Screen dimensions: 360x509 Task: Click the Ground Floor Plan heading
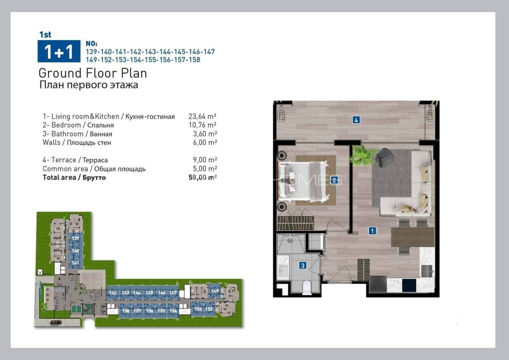(x=93, y=73)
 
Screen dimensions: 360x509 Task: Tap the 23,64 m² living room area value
(x=202, y=117)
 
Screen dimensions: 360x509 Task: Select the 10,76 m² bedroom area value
(x=202, y=125)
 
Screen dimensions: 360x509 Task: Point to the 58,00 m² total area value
(x=202, y=177)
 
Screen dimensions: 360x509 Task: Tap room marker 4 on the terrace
(x=356, y=119)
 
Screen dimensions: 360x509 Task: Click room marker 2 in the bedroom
(x=334, y=180)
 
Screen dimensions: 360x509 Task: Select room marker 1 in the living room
(x=372, y=230)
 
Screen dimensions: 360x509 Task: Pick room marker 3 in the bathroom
(x=303, y=265)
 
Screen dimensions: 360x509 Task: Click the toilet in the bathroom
(x=307, y=287)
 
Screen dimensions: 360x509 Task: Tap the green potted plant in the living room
(x=362, y=155)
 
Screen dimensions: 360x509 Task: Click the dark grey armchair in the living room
(x=385, y=158)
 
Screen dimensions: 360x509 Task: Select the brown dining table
(x=412, y=237)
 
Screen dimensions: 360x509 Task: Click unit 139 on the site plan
(x=76, y=238)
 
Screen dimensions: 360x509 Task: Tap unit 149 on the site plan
(x=215, y=291)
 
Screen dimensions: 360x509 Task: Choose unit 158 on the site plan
(x=126, y=311)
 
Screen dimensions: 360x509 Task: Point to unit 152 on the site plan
(x=209, y=309)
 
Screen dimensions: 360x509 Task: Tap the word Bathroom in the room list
(x=67, y=134)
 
